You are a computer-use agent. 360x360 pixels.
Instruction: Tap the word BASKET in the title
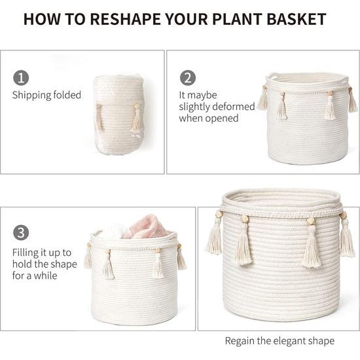[x=297, y=19]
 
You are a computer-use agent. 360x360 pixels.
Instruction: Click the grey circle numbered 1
[x=21, y=78]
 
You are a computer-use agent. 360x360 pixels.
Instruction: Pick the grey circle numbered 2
[x=188, y=78]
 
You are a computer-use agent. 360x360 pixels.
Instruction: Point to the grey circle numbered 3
[x=21, y=232]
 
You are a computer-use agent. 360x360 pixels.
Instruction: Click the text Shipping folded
[x=46, y=96]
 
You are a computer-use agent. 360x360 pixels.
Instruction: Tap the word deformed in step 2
[x=233, y=107]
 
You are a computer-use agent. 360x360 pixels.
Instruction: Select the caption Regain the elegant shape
[x=279, y=341]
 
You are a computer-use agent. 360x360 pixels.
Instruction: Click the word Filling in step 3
[x=26, y=253]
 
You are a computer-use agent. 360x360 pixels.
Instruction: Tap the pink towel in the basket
[x=146, y=226]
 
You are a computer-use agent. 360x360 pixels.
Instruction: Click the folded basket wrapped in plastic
[x=118, y=115]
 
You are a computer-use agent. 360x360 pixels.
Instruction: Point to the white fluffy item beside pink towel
[x=112, y=231]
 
